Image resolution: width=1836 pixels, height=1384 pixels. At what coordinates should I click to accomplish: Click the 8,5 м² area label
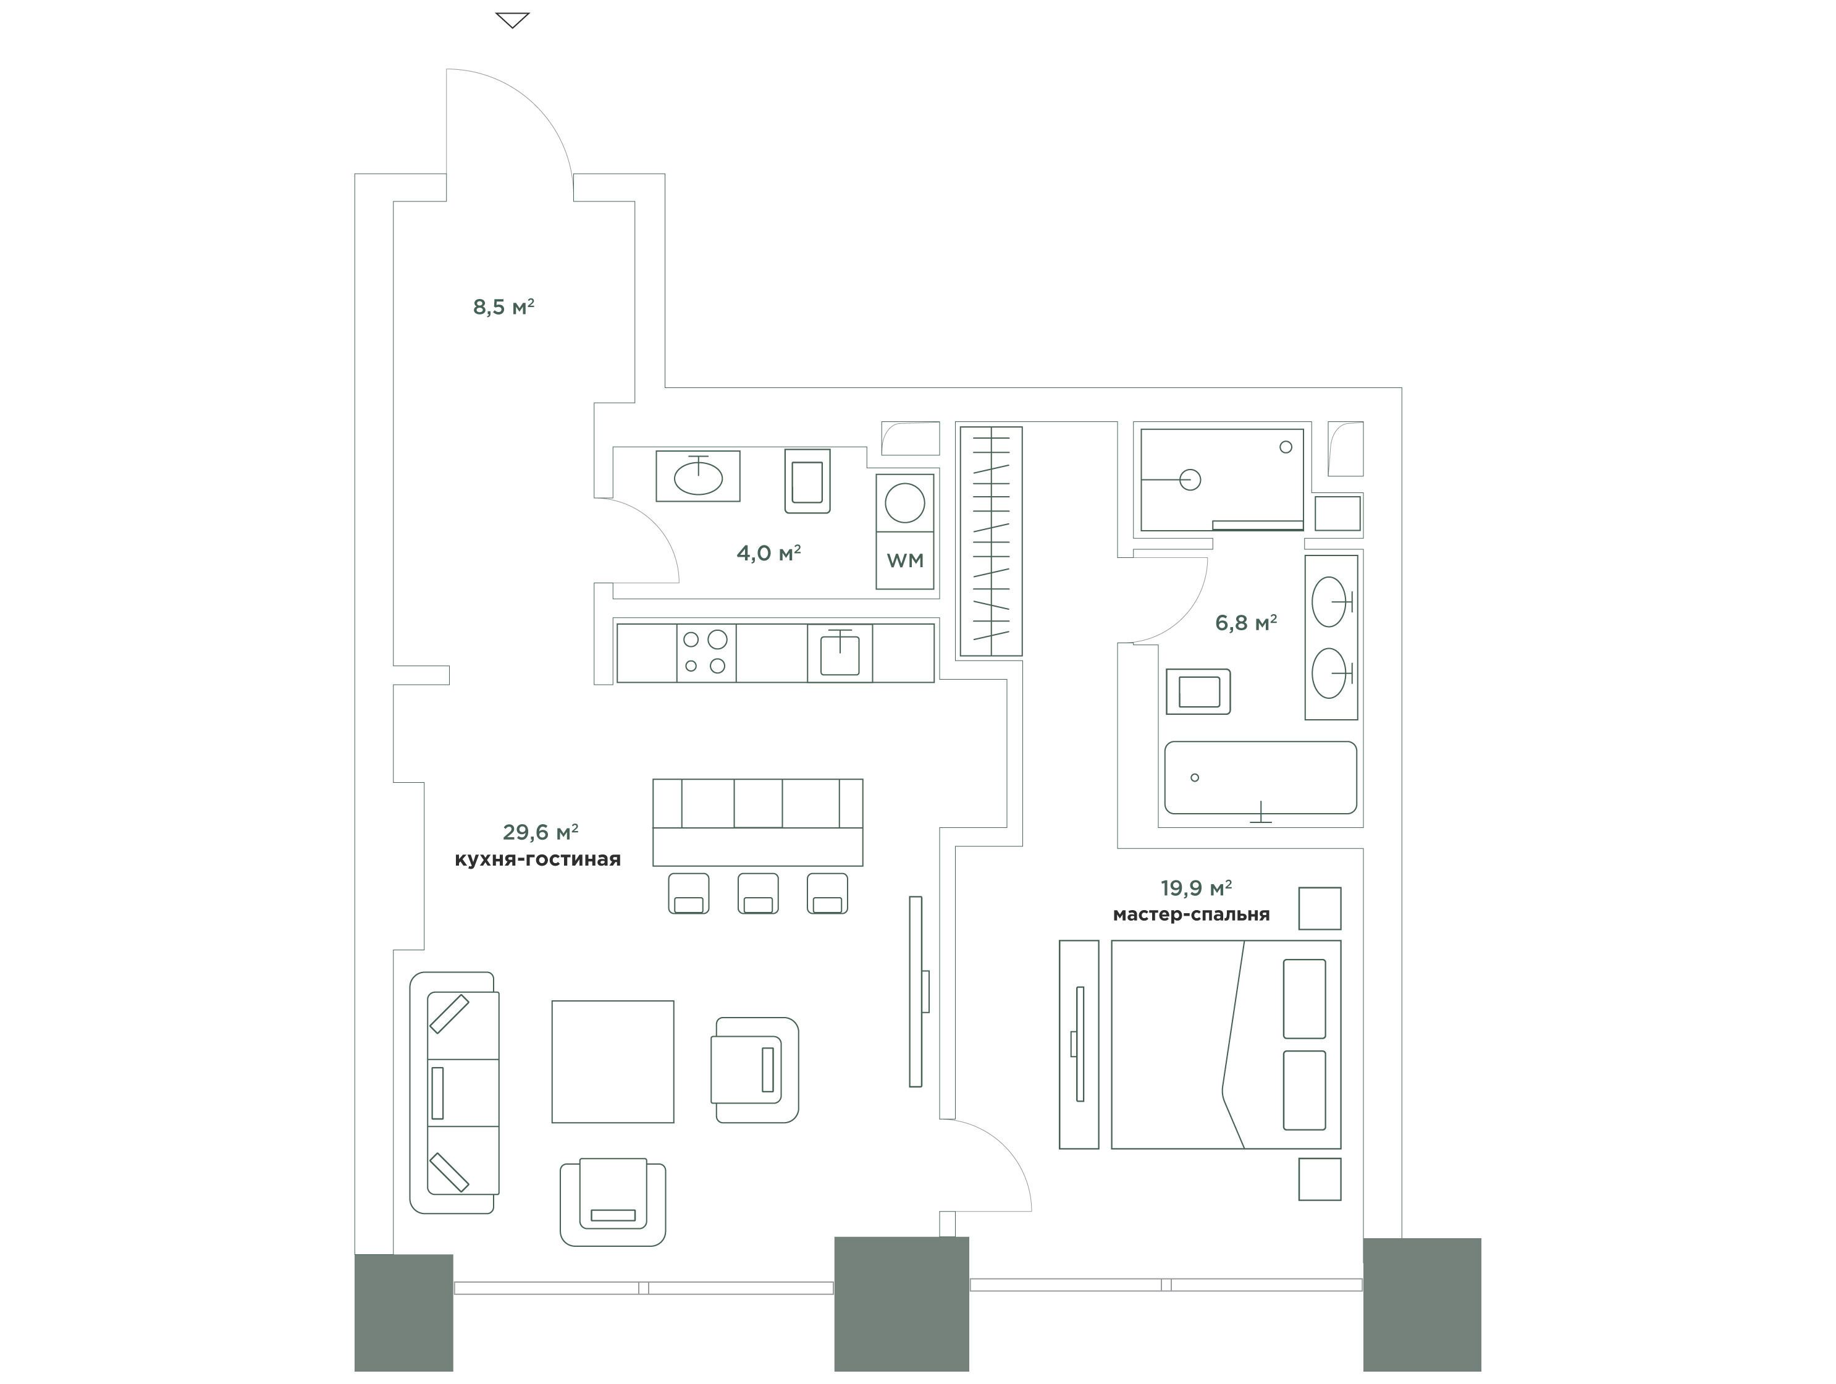(503, 307)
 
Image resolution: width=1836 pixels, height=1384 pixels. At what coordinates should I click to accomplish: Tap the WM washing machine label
(905, 560)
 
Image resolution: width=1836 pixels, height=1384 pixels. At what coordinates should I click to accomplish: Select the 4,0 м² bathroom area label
(769, 553)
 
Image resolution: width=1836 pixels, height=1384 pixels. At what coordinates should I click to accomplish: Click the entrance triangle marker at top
(512, 20)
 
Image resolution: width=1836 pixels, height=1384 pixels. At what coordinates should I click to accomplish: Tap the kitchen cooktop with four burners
(706, 652)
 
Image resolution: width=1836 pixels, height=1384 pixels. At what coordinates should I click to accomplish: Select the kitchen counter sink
(840, 652)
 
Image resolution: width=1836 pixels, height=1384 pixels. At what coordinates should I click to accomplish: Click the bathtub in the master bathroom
(1261, 778)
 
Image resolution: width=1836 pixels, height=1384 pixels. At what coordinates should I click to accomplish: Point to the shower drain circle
(1190, 480)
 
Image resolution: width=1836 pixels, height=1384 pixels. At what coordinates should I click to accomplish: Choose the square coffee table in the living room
(613, 1062)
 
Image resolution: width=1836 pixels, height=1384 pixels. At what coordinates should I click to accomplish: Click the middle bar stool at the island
(758, 893)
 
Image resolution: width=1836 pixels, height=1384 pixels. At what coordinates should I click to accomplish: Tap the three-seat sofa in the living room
(455, 1092)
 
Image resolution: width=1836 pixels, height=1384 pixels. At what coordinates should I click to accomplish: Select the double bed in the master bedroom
(1226, 1044)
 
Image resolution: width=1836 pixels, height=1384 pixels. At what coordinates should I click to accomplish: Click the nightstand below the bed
(1320, 1179)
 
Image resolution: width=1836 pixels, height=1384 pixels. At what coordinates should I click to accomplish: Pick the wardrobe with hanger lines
(991, 541)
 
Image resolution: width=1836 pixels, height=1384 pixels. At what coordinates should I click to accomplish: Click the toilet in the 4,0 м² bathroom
(807, 481)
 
